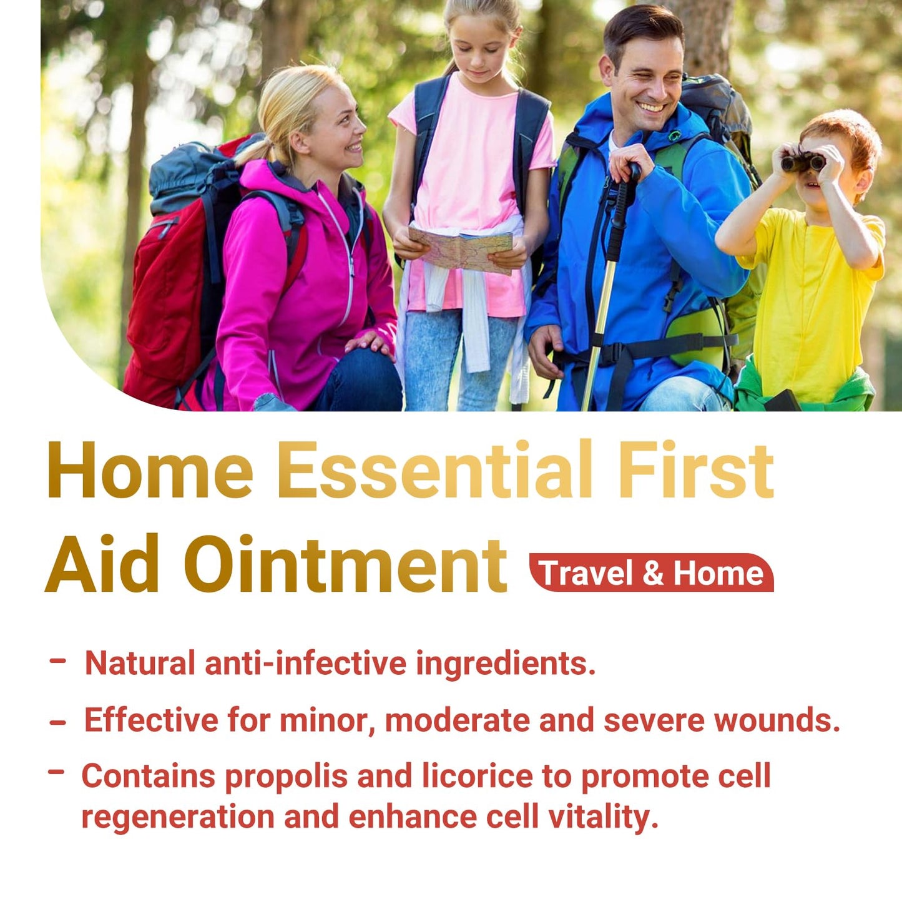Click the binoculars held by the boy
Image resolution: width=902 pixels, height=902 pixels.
pyautogui.click(x=803, y=162)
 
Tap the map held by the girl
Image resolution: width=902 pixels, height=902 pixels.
pyautogui.click(x=461, y=249)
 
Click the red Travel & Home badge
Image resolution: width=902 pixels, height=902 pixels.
pyautogui.click(x=651, y=573)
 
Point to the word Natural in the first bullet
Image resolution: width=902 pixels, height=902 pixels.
pyautogui.click(x=140, y=662)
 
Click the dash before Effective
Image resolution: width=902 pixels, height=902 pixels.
pyautogui.click(x=58, y=722)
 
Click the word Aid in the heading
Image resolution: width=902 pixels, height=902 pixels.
pyautogui.click(x=103, y=565)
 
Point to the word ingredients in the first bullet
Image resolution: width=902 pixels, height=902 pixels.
pyautogui.click(x=506, y=664)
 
